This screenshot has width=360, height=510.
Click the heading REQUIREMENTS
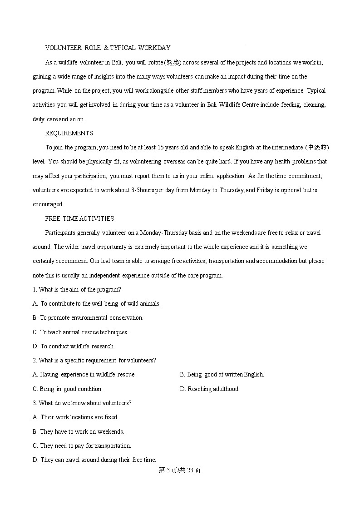click(x=69, y=133)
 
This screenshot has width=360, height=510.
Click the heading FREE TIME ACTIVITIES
click(x=79, y=218)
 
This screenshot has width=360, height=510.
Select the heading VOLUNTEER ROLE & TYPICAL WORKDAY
click(x=108, y=48)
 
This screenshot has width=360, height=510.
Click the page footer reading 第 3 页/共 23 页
click(x=180, y=470)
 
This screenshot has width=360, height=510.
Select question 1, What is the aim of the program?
click(x=77, y=289)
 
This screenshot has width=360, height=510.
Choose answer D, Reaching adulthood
click(x=210, y=389)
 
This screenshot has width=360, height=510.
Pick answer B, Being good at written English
click(x=222, y=375)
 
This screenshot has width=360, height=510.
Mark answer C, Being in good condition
click(x=68, y=389)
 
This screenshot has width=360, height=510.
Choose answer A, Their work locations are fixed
click(x=75, y=417)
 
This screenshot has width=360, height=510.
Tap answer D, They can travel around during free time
click(x=94, y=460)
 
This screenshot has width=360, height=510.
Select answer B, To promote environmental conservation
click(x=88, y=318)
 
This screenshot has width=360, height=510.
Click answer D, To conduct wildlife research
click(x=74, y=346)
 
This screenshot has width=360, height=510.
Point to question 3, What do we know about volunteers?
click(x=82, y=403)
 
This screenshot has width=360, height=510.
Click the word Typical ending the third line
click(x=316, y=91)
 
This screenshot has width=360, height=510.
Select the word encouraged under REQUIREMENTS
click(x=48, y=204)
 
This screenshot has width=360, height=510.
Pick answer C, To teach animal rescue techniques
click(x=80, y=332)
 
